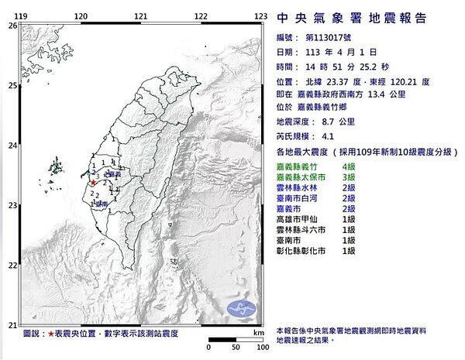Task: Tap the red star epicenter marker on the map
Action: tap(95, 183)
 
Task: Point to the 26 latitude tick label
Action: tap(12, 26)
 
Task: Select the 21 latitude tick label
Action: tap(12, 324)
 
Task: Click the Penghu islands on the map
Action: tap(56, 166)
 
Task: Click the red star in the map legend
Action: tap(50, 334)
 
